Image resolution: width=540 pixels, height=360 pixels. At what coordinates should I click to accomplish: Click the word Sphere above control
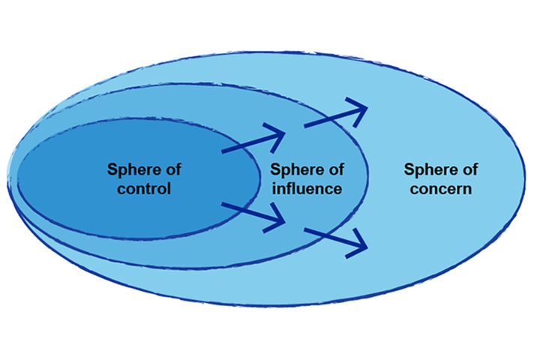(x=131, y=169)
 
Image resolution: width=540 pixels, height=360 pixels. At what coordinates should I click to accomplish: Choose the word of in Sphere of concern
(x=468, y=169)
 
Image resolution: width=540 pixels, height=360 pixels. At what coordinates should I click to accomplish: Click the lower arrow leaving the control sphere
(x=253, y=214)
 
